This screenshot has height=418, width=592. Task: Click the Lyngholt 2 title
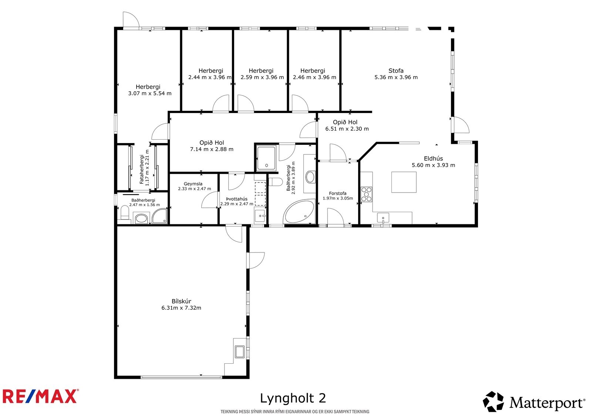pos(293,398)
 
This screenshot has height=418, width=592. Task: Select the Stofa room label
pos(396,71)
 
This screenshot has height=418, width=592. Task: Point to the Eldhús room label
pos(433,159)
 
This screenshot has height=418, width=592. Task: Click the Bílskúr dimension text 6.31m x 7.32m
pos(181,307)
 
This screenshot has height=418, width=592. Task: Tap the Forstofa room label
pos(337,193)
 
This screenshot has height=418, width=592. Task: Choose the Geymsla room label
pos(193,184)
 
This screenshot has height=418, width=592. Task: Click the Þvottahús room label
pos(237,199)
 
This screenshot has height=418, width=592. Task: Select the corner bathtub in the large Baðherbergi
pos(299,212)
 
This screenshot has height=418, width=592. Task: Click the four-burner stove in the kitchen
pos(366,195)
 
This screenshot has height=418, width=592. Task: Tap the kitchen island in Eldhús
pos(404,182)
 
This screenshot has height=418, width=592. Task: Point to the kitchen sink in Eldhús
pos(383,218)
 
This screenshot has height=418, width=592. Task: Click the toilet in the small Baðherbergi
pos(125,213)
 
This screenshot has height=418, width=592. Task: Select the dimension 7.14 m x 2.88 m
pos(212,149)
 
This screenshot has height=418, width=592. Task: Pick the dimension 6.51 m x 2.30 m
pos(347,129)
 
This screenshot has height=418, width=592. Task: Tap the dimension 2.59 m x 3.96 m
pos(262,77)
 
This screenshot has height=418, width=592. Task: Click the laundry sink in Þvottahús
pos(260,215)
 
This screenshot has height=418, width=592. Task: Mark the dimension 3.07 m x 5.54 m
pos(150,94)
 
